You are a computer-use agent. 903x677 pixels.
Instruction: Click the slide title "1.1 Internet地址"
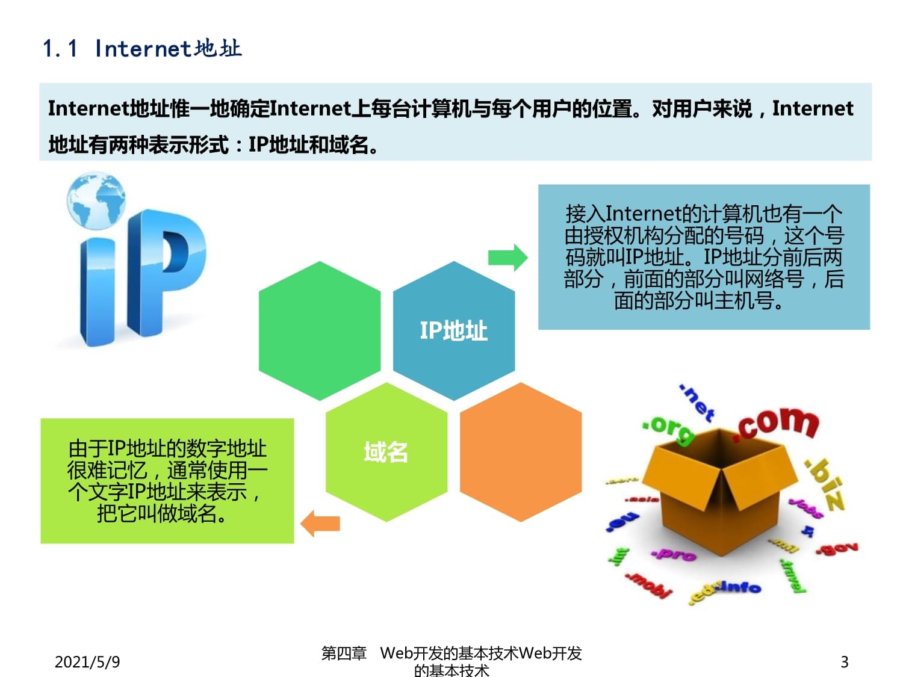pyautogui.click(x=142, y=48)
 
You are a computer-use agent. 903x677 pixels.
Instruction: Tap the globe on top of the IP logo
pyautogui.click(x=96, y=201)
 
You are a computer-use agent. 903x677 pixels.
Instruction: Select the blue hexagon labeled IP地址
pyautogui.click(x=453, y=330)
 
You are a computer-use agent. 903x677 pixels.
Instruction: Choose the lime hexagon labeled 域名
pyautogui.click(x=386, y=451)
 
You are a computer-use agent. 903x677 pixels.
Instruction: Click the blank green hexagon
pyautogui.click(x=320, y=330)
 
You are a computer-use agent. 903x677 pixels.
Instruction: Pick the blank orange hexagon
pyautogui.click(x=520, y=451)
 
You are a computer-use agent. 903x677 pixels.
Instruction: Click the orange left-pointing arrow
pyautogui.click(x=320, y=523)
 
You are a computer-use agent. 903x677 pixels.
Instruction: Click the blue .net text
pyautogui.click(x=697, y=402)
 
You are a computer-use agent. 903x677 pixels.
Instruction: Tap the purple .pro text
pyautogui.click(x=674, y=554)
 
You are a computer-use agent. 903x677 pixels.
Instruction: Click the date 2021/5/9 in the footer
pyautogui.click(x=87, y=662)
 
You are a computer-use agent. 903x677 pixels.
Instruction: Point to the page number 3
pyautogui.click(x=844, y=662)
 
